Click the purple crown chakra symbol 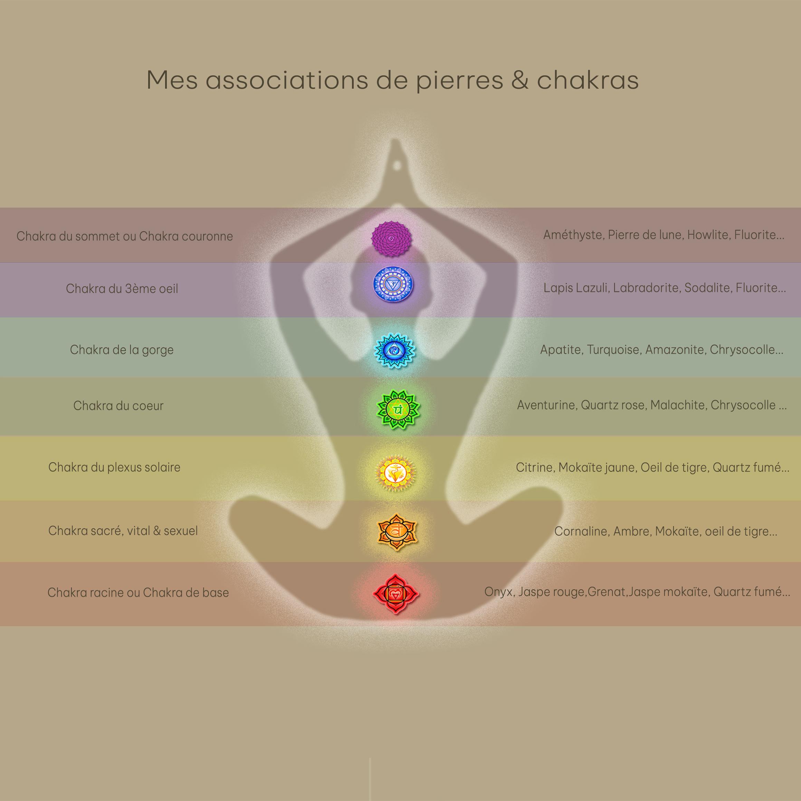click(391, 238)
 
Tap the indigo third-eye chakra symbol click(393, 284)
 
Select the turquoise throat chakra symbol click(394, 351)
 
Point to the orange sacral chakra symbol click(397, 532)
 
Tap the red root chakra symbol click(396, 594)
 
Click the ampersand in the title click(519, 80)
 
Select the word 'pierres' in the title click(459, 81)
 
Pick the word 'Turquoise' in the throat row click(613, 350)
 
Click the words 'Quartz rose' click(613, 405)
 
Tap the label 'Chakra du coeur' click(118, 406)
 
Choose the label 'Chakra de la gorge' click(122, 350)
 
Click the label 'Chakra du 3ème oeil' click(122, 288)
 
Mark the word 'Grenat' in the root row click(607, 592)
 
